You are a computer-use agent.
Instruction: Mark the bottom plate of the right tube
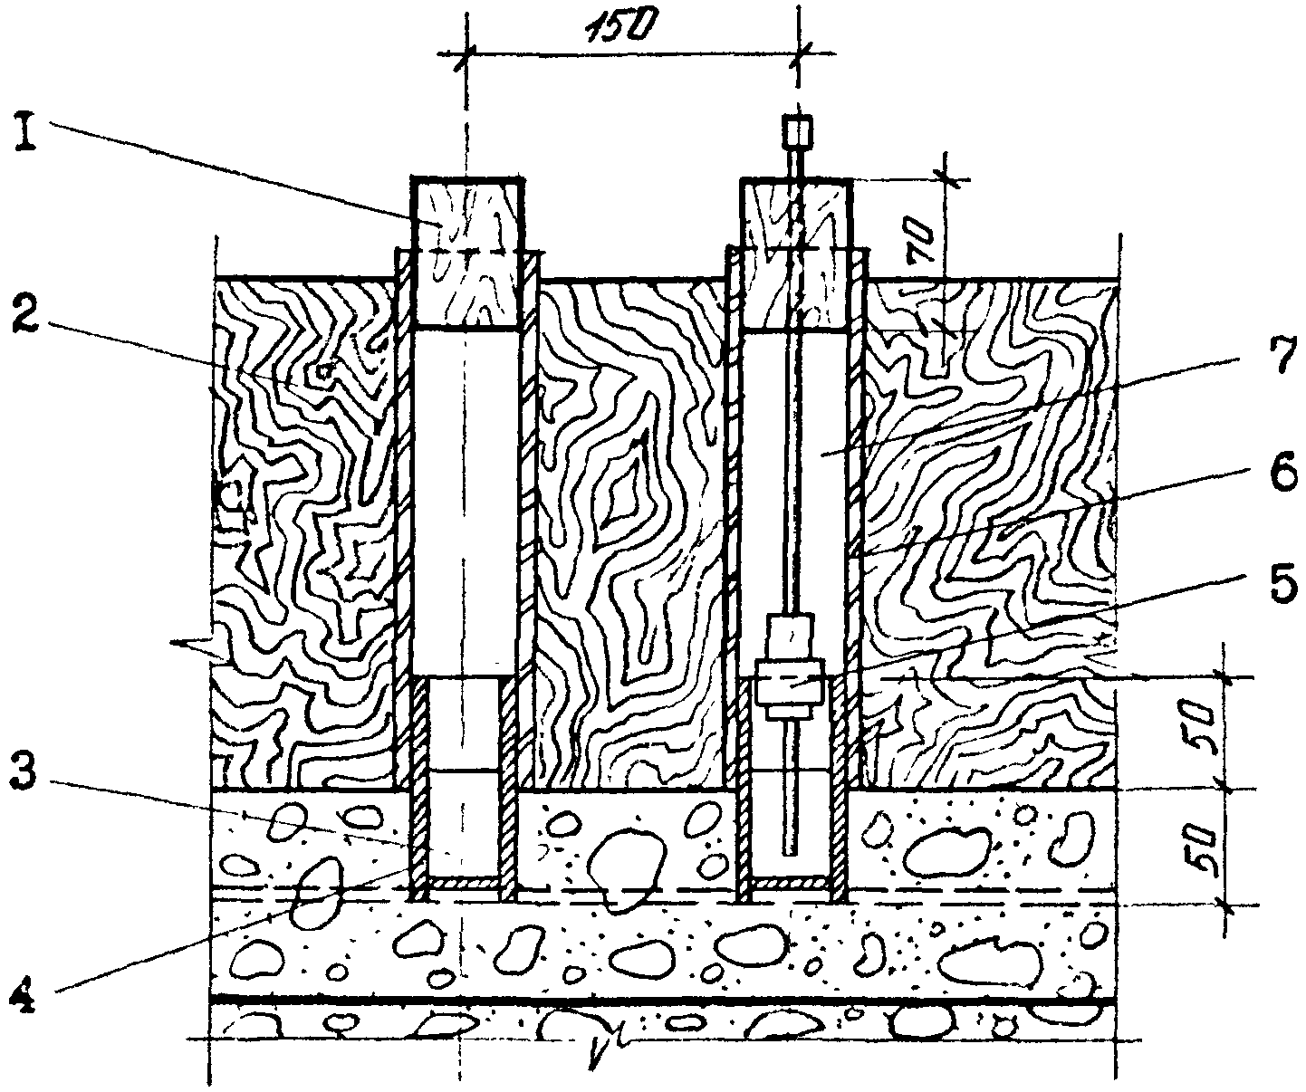point(792,881)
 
